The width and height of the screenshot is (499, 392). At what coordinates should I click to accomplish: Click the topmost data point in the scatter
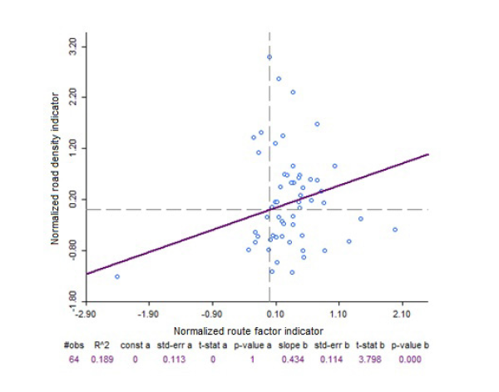[x=269, y=57]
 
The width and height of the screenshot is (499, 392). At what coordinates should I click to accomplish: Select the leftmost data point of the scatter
[x=117, y=276]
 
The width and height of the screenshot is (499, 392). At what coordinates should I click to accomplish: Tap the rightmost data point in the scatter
[x=395, y=230]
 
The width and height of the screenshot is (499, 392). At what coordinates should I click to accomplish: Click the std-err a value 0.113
[x=176, y=359]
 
